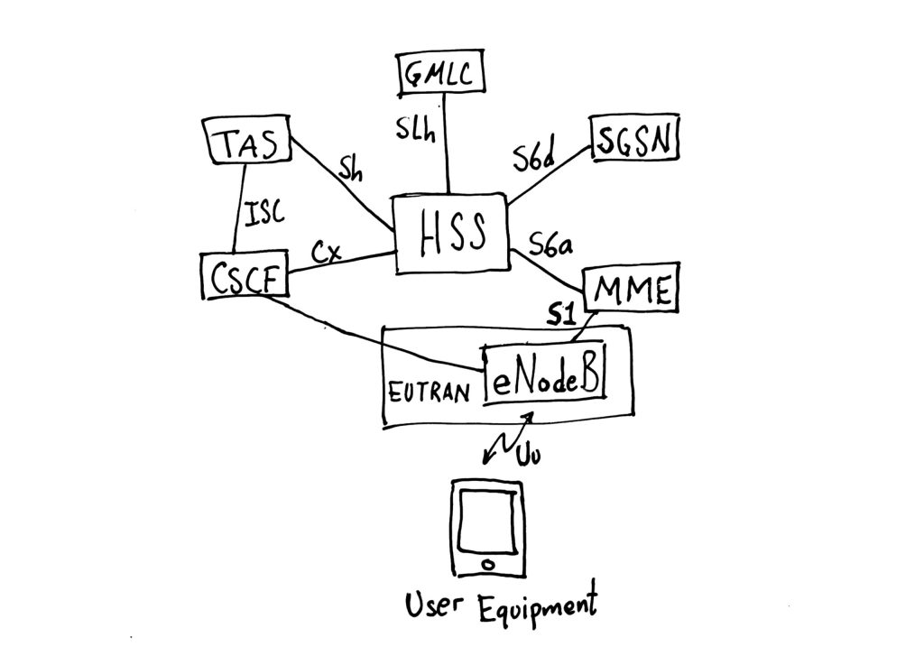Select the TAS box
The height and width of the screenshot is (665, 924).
click(245, 143)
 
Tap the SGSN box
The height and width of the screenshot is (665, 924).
click(635, 138)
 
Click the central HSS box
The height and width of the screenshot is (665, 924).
click(452, 233)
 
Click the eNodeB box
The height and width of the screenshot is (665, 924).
click(545, 374)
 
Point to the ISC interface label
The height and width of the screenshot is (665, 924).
click(263, 214)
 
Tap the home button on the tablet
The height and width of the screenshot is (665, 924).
click(487, 564)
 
